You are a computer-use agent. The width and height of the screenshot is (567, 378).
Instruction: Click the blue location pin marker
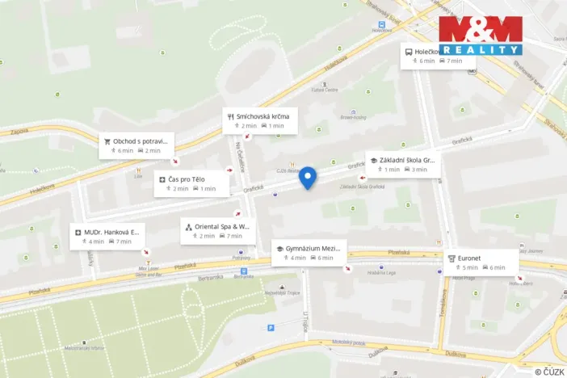click(308, 177)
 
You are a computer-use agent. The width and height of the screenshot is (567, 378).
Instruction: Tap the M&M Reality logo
click(480, 35)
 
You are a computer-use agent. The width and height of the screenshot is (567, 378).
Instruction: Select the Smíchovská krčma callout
click(261, 120)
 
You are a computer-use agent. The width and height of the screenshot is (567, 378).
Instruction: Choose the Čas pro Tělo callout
click(187, 183)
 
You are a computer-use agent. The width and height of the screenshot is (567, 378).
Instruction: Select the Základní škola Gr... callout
click(403, 164)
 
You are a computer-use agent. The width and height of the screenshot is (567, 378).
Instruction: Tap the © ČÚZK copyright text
click(549, 372)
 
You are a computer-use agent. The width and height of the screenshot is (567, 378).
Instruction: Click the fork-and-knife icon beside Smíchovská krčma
click(231, 115)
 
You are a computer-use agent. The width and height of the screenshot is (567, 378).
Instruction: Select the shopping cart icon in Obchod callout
click(107, 141)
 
